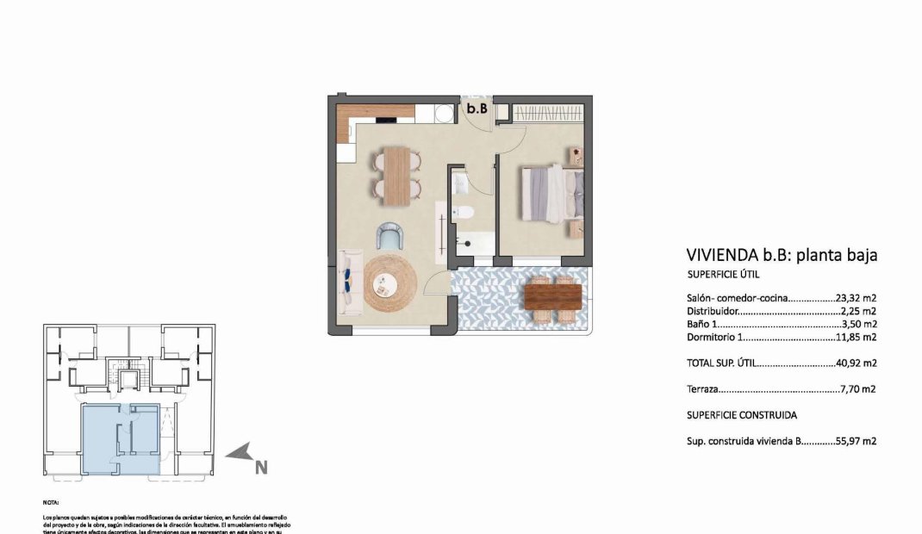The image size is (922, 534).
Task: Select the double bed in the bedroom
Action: pyautogui.click(x=548, y=195)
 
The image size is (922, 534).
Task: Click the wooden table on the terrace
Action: pyautogui.click(x=552, y=296)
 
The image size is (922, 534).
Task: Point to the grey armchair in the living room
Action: pyautogui.click(x=389, y=236)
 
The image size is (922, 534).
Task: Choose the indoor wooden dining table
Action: pyautogui.click(x=396, y=176)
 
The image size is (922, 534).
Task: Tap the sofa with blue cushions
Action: pyautogui.click(x=350, y=281)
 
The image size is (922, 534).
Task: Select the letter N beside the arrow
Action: pyautogui.click(x=261, y=468)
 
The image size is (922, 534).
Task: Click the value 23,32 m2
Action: pyautogui.click(x=856, y=298)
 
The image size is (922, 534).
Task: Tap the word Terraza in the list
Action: pyautogui.click(x=702, y=389)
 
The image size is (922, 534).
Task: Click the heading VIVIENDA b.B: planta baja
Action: pyautogui.click(x=781, y=255)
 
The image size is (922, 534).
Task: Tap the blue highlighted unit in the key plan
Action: pyautogui.click(x=120, y=438)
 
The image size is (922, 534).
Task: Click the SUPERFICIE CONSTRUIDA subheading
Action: pyautogui.click(x=742, y=414)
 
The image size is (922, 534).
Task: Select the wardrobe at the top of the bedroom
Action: pyautogui.click(x=548, y=112)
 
